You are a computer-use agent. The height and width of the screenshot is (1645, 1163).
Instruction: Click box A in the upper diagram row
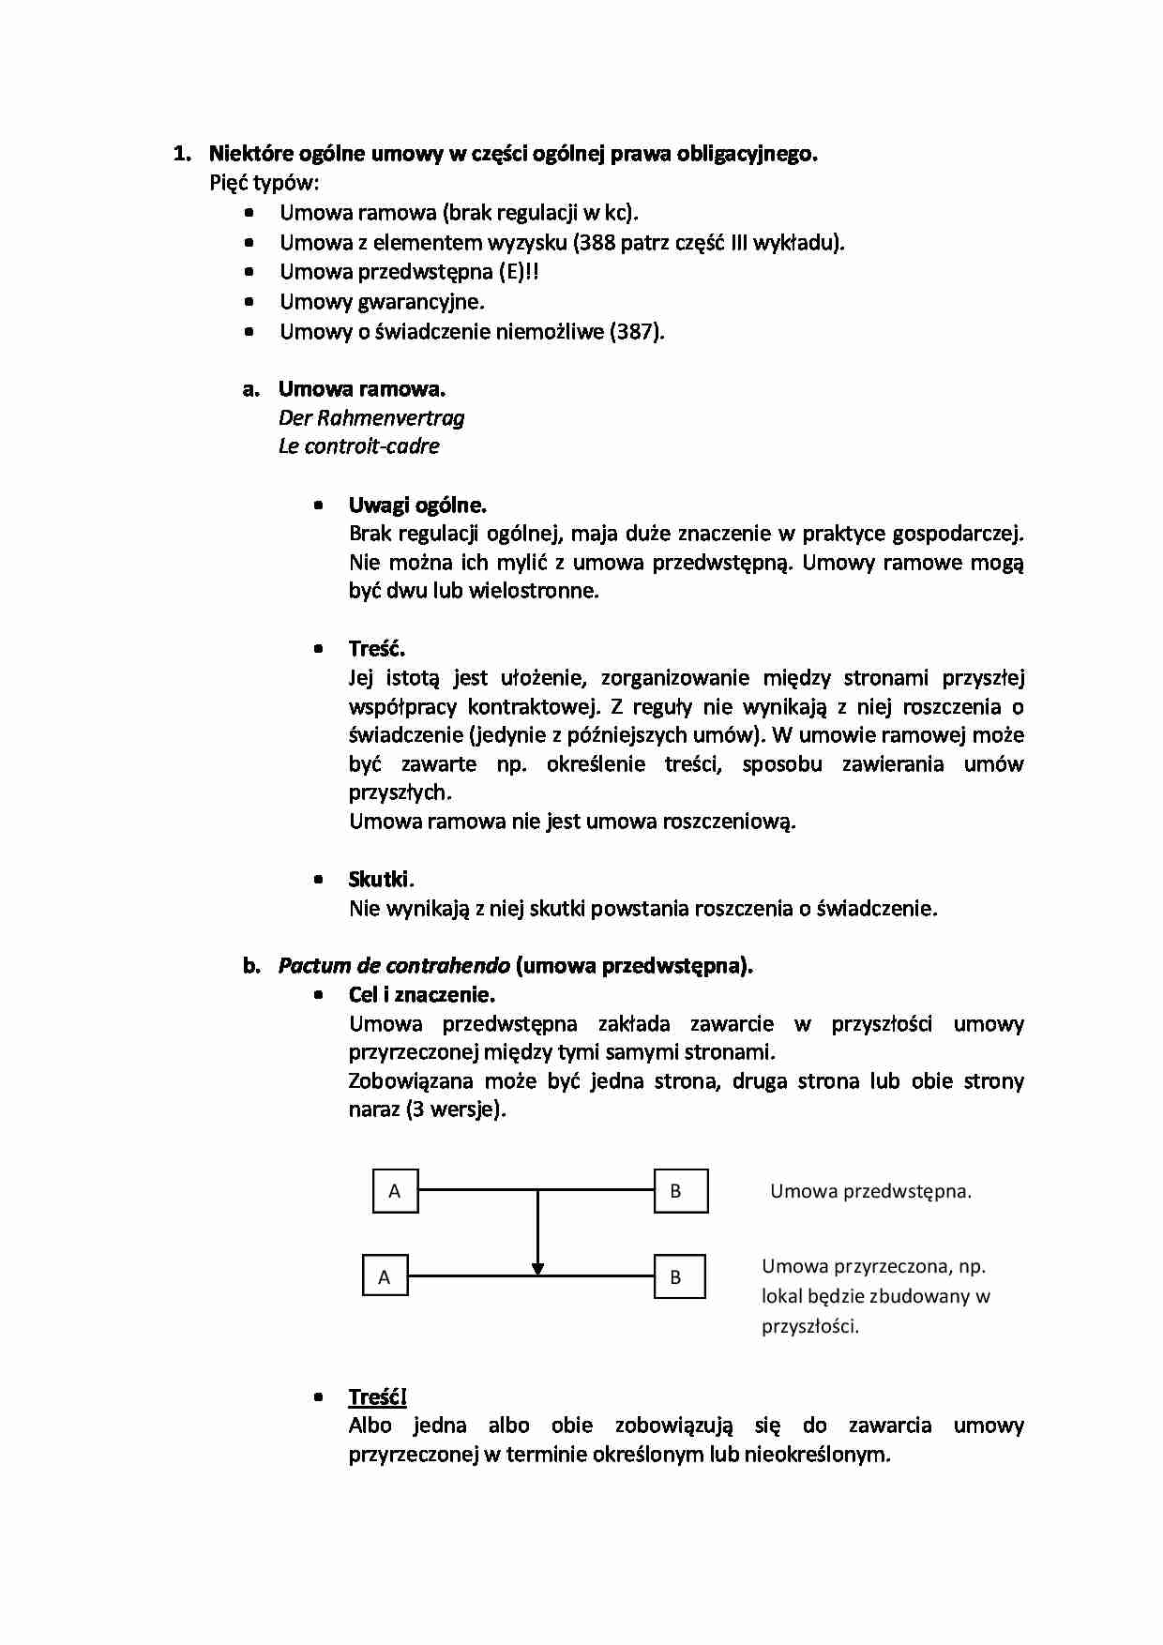tap(396, 1191)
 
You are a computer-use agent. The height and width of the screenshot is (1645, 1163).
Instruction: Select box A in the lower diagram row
tap(385, 1276)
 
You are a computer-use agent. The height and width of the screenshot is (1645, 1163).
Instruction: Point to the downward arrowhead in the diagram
tap(537, 1268)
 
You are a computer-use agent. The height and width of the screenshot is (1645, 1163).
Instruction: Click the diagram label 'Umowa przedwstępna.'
tap(869, 1191)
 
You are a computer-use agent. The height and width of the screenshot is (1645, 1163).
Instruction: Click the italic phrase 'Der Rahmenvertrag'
tap(370, 417)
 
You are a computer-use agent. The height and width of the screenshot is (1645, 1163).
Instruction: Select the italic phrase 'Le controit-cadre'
tap(358, 446)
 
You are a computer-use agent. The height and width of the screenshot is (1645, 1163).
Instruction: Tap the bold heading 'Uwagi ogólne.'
tap(417, 505)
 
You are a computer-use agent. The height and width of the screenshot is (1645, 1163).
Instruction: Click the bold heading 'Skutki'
tap(378, 879)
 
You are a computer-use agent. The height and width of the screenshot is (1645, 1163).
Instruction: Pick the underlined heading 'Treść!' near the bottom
tap(377, 1396)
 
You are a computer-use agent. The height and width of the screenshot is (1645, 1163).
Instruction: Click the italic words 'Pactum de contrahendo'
tap(394, 965)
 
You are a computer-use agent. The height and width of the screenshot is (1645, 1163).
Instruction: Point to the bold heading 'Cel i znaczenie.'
tap(421, 994)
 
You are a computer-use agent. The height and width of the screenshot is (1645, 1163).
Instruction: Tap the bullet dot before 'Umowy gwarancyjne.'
tap(249, 302)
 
